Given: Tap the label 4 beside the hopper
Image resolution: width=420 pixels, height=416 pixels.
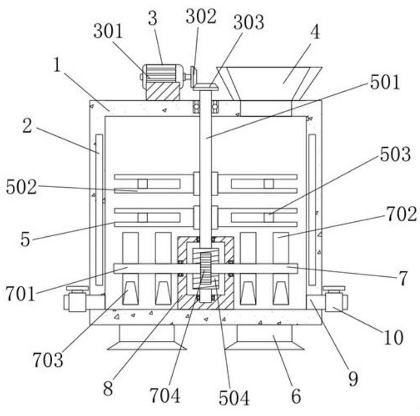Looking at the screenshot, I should [316, 32].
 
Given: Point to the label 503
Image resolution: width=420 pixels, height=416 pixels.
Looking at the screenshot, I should [394, 155].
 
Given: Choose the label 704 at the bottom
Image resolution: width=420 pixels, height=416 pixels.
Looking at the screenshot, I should [165, 396].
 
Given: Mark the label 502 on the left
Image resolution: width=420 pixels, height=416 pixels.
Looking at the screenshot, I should [22, 187].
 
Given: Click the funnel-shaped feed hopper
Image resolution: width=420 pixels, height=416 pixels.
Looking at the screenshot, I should [269, 83].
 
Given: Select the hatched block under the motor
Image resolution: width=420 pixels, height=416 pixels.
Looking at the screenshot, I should [163, 91].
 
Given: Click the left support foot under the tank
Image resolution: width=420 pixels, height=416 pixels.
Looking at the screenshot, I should [147, 338].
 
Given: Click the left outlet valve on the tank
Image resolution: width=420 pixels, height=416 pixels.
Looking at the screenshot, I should [77, 300].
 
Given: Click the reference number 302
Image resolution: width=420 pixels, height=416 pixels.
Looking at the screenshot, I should [201, 17].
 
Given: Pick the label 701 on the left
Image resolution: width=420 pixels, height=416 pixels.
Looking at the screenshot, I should [22, 293].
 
